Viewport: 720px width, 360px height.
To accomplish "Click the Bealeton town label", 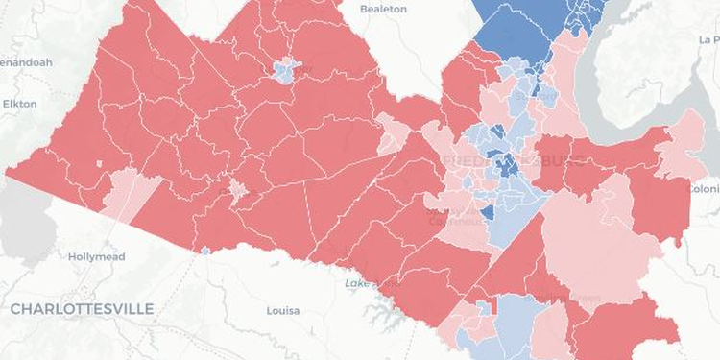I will (x=383, y=9).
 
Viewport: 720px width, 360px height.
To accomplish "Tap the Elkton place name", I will (x=19, y=103).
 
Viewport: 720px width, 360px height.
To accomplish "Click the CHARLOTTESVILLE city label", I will (x=82, y=308).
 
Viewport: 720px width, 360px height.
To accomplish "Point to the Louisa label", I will (x=282, y=311).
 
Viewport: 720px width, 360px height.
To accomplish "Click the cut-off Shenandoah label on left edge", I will (x=25, y=62).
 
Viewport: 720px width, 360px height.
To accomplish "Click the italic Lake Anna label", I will (x=369, y=284).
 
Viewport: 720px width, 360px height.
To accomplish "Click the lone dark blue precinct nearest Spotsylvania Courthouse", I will (x=487, y=213).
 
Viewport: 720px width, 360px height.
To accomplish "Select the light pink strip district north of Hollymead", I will (x=130, y=192).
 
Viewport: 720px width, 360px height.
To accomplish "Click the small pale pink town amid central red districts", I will (x=236, y=190).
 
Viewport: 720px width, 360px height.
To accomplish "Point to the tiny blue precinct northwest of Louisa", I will (x=204, y=252).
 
